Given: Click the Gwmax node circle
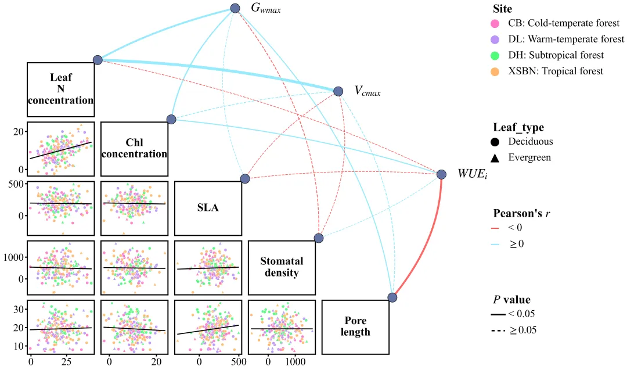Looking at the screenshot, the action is click(x=235, y=8).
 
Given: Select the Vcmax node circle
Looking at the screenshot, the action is click(x=338, y=91).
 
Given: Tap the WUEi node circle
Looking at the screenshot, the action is click(x=441, y=174).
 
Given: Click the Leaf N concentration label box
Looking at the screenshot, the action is click(x=61, y=89).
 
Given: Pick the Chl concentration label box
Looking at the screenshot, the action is click(x=134, y=149).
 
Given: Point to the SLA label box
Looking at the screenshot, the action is click(x=208, y=208).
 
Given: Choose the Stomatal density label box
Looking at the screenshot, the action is click(x=282, y=268).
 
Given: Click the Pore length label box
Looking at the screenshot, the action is click(x=355, y=327).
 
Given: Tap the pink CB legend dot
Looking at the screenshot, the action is click(x=495, y=24).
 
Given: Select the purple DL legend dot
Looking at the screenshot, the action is click(x=495, y=39).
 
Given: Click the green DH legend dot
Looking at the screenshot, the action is click(x=495, y=56).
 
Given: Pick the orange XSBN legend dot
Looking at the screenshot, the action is click(x=495, y=71).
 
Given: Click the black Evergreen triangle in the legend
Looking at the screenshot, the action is click(x=495, y=158).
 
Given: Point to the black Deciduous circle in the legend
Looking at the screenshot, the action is click(x=495, y=142).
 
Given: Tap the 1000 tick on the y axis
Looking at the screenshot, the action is click(x=13, y=257).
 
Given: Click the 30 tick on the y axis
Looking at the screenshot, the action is click(x=19, y=309).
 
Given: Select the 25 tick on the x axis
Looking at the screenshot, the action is click(x=66, y=362).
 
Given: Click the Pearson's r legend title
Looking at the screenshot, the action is click(x=521, y=213).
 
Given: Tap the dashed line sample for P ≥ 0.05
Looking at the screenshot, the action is click(x=498, y=331).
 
